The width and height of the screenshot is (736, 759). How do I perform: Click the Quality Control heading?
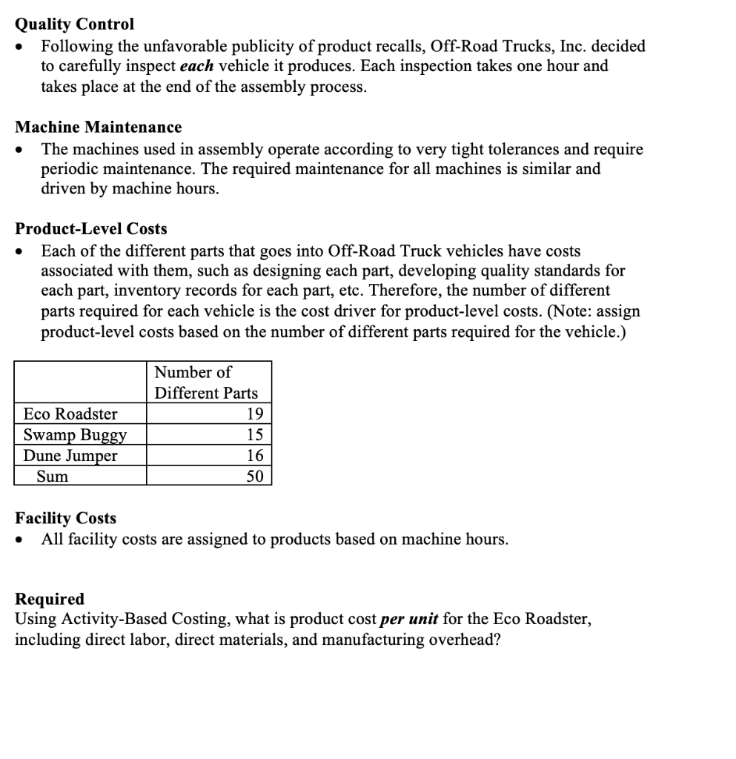coord(75,24)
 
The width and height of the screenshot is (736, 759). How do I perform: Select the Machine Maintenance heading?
coord(99,127)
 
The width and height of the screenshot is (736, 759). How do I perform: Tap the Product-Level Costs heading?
coord(91,229)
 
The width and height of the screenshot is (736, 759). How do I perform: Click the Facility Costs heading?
coord(66,517)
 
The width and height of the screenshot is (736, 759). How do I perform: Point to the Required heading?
coord(50,598)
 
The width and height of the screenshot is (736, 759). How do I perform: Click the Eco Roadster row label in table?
coord(70,414)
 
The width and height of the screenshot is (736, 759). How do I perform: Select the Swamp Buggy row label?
coord(75,434)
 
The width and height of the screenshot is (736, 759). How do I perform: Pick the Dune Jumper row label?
coord(70,455)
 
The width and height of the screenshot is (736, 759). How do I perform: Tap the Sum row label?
coord(52,476)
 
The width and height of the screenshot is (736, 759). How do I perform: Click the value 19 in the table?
coord(254,414)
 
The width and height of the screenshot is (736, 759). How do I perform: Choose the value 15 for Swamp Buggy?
coord(254,434)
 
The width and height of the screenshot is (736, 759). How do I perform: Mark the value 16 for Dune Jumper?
coord(254,455)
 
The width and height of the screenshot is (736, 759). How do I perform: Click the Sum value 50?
coord(254,476)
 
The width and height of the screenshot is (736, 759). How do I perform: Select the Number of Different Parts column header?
coord(206,382)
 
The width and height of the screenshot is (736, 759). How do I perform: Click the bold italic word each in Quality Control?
coord(197,66)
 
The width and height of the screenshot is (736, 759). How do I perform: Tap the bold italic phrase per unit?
coord(408,619)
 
